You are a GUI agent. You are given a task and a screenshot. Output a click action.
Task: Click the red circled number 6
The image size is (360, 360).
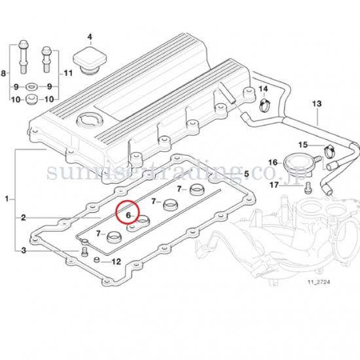tap(128, 215)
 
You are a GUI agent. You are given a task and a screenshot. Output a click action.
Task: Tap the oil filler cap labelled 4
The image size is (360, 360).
tap(90, 60)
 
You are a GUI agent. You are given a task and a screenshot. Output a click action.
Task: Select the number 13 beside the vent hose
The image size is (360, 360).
tap(317, 103)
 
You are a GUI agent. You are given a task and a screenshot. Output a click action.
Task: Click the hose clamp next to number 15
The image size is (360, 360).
tap(329, 151)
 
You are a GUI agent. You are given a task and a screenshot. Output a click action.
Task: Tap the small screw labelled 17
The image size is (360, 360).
tap(308, 187)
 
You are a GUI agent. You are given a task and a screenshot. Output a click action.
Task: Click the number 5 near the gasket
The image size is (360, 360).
tap(246, 173)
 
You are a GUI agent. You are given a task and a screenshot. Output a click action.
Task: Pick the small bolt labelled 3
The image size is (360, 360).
tap(84, 252)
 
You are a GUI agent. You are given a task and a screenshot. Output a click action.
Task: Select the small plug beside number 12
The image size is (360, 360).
tap(97, 260)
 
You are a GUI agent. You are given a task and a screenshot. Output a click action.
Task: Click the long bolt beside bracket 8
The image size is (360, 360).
tap(24, 57)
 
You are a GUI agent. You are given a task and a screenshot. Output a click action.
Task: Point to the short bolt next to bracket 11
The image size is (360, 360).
tap(46, 59)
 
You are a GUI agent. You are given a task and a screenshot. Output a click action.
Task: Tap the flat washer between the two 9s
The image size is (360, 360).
tap(32, 87)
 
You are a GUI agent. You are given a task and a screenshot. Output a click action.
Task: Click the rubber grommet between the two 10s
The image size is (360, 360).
tap(32, 99)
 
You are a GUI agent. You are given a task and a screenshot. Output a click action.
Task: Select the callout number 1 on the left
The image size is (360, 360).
tap(7, 199)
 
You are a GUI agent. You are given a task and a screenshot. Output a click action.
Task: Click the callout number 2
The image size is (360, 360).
tap(24, 217)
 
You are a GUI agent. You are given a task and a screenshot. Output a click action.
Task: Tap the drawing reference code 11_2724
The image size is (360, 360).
tap(319, 281)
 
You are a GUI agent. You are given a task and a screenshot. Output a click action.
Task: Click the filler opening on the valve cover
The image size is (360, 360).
tap(90, 120)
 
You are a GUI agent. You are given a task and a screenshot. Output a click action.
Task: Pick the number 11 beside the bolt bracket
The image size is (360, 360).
tap(68, 73)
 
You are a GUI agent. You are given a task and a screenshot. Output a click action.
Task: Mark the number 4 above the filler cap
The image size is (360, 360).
tap(90, 37)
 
